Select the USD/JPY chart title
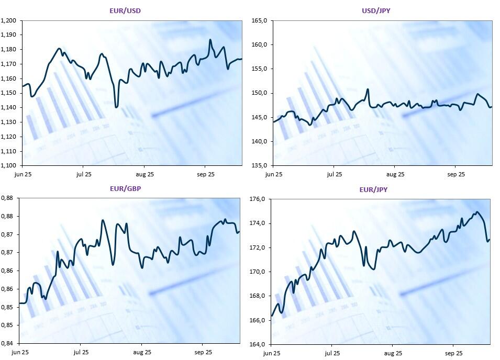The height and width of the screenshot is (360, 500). [376, 10]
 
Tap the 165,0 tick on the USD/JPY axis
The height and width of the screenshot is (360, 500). [260, 20]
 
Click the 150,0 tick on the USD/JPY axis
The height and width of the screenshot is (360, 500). [260, 93]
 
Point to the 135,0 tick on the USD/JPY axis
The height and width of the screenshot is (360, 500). [260, 165]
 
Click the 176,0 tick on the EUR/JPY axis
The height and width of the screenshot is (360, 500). [259, 199]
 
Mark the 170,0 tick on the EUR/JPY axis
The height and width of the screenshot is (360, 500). [259, 272]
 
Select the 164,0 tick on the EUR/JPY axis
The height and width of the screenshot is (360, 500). [259, 344]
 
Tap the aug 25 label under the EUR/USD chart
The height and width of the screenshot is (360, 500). [145, 174]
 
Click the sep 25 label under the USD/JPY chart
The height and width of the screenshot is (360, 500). [455, 174]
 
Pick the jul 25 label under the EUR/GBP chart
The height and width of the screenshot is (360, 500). [81, 353]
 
